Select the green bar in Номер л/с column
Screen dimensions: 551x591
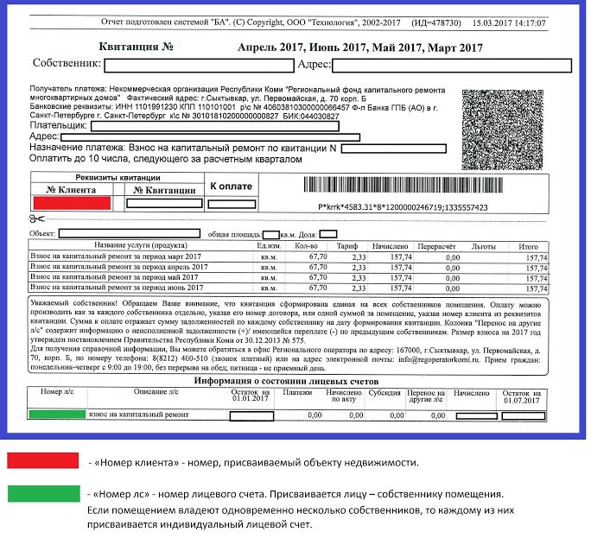57,415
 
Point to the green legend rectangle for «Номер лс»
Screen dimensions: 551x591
41,494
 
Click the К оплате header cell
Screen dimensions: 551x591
231,187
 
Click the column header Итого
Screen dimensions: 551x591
528,246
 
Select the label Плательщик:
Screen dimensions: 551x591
59,125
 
